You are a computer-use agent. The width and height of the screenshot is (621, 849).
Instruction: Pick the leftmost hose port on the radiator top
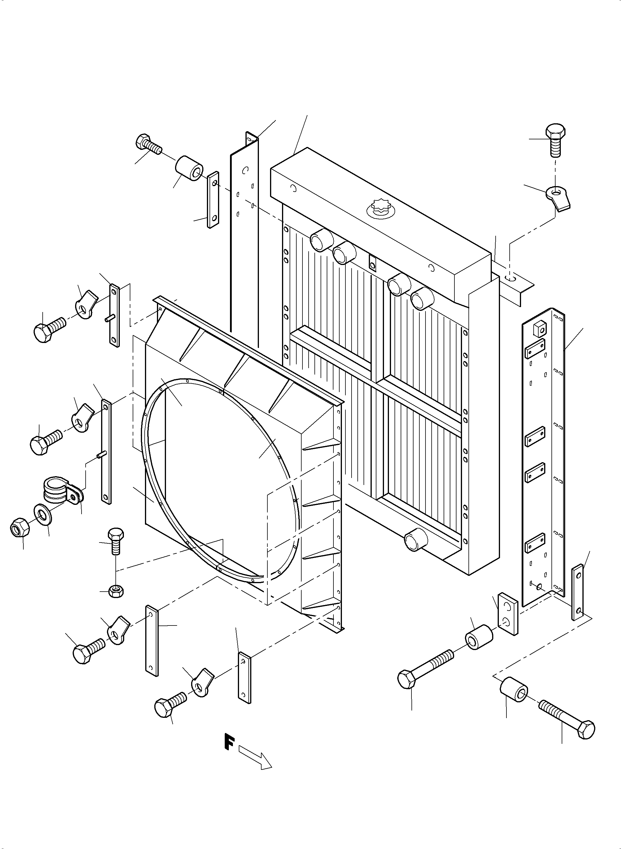click(x=321, y=239)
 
